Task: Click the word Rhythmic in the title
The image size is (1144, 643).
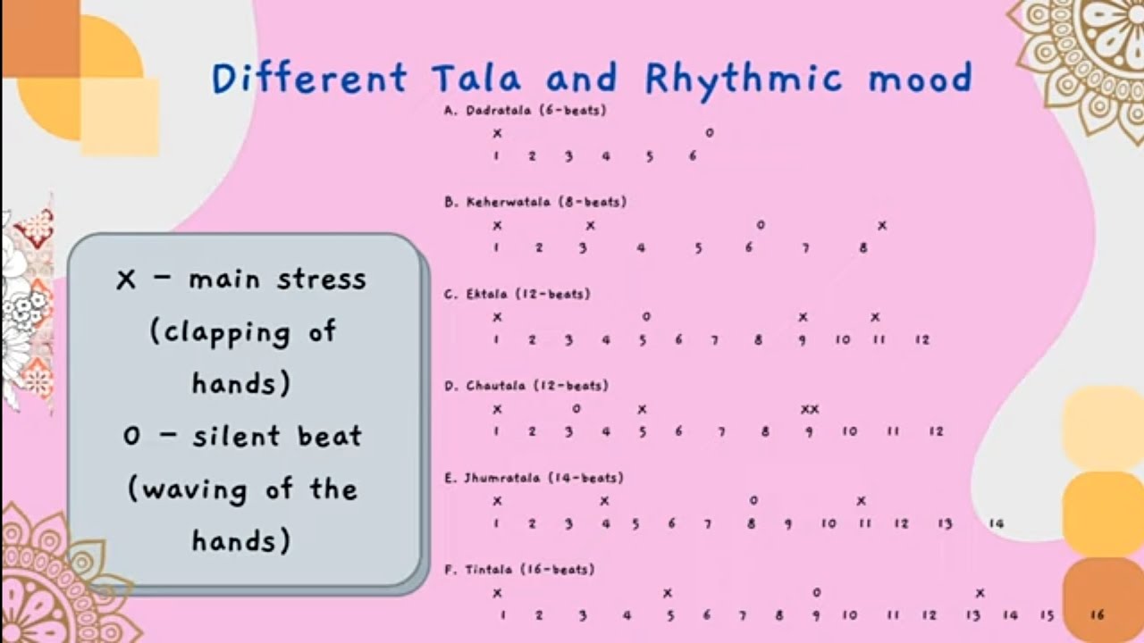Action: pos(743,79)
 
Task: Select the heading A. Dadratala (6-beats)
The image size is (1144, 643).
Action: pos(526,111)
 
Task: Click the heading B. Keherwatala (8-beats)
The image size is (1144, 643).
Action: pos(535,202)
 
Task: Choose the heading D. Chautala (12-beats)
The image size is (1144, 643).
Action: pos(526,386)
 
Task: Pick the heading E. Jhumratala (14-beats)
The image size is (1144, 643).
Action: pos(534,478)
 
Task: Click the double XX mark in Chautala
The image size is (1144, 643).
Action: pos(810,410)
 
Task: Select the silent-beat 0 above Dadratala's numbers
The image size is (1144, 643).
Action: pos(710,133)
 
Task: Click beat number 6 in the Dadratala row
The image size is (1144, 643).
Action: pos(693,156)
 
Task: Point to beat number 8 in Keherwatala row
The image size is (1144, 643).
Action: pos(863,248)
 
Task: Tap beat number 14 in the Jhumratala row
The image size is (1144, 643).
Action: pos(997,524)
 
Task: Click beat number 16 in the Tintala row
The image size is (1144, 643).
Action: pos(1098,615)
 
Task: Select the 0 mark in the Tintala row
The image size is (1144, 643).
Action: pos(816,592)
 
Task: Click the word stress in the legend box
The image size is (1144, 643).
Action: pos(321,280)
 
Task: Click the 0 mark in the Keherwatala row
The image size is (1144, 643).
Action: pos(761,225)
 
